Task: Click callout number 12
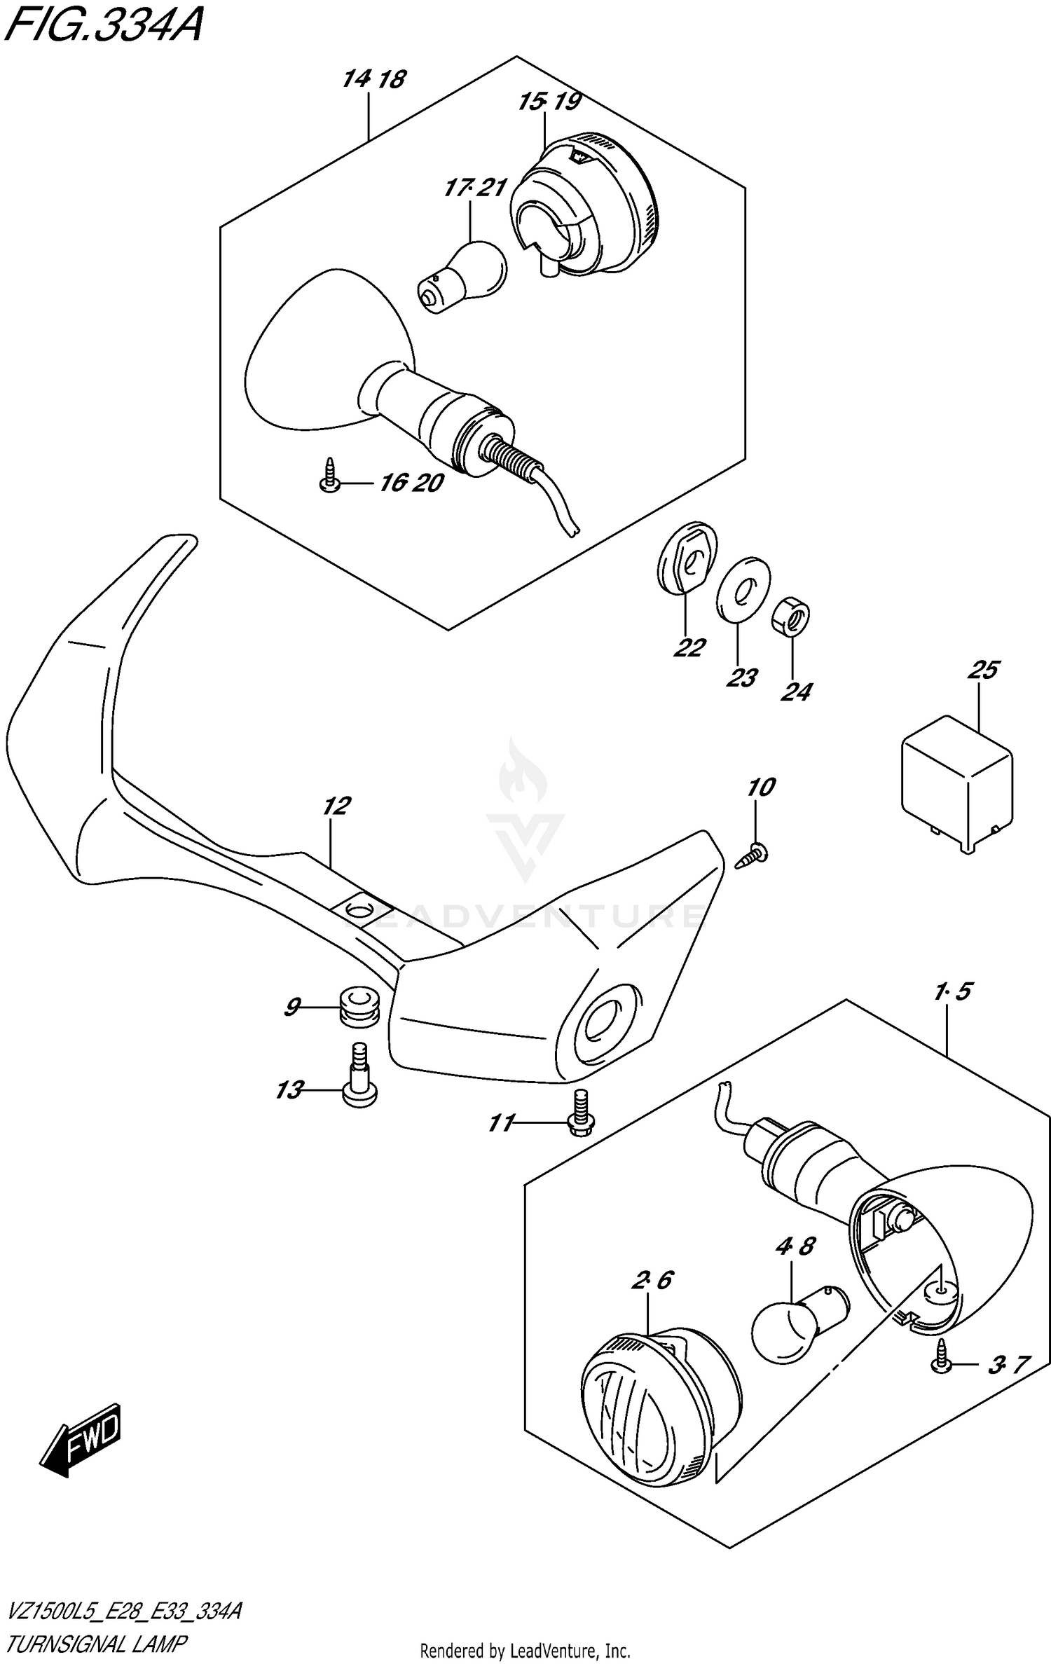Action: click(336, 806)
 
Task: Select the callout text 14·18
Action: click(374, 79)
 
